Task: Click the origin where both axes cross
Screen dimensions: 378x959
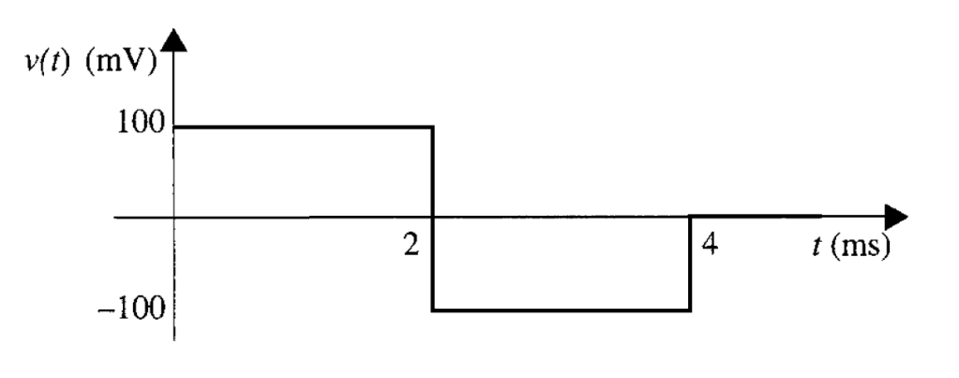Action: click(174, 218)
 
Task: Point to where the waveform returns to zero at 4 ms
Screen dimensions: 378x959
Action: click(691, 217)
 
